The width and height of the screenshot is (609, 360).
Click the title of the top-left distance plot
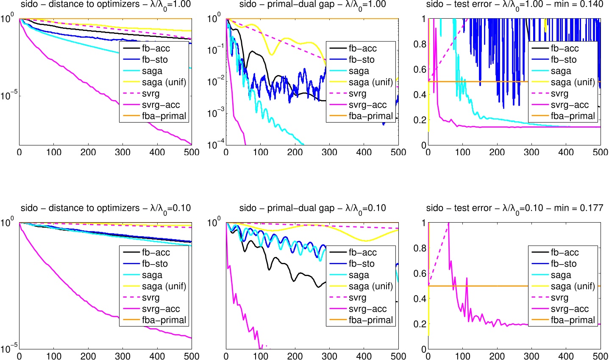tap(106, 5)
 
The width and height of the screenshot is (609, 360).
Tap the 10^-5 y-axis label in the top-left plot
tap(8, 96)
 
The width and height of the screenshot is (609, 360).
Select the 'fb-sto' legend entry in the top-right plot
tap(564, 60)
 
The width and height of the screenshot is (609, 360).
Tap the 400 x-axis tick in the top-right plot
tap(566, 152)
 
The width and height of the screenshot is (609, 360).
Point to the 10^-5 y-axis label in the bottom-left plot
tap(8, 346)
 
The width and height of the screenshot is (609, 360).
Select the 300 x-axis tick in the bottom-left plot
tap(123, 356)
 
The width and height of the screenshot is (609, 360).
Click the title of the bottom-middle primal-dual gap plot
tap(312, 208)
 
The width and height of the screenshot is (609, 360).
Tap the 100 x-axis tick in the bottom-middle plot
tap(260, 356)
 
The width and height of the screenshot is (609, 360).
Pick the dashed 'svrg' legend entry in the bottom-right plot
tap(559, 298)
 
